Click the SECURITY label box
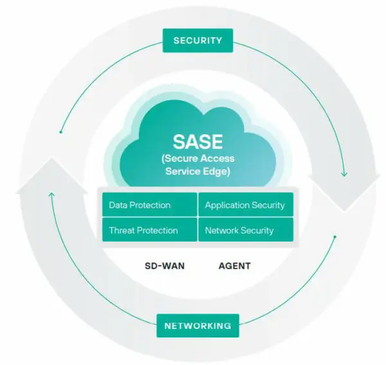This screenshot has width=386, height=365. (198, 40)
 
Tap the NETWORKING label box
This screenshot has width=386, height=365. (198, 326)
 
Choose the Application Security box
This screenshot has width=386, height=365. (245, 205)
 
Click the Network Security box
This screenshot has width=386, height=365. (245, 229)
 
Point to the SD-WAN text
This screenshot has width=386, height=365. (165, 265)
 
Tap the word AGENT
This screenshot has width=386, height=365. (235, 265)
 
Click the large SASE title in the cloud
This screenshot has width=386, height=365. (198, 141)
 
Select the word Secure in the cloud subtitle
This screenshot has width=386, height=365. (182, 159)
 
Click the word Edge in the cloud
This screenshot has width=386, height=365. (217, 172)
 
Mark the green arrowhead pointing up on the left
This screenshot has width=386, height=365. (51, 193)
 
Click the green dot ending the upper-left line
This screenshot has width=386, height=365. (61, 132)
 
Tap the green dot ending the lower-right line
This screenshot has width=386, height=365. (335, 237)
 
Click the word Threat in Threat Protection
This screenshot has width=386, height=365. (122, 229)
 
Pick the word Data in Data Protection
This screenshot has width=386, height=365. (118, 205)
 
